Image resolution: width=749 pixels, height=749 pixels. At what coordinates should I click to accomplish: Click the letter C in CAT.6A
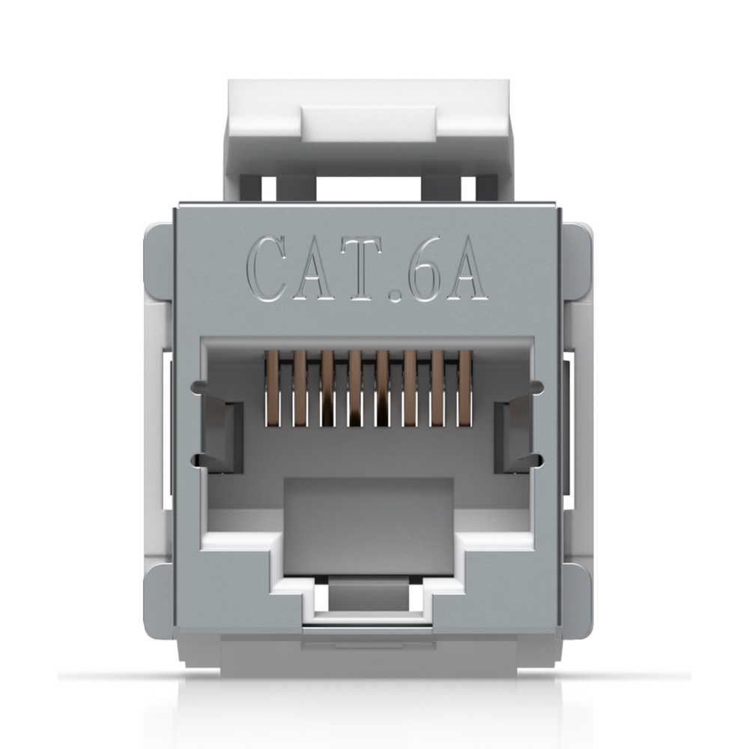point(271,267)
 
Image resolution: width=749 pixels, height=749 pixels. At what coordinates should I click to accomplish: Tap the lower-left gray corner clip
point(158,596)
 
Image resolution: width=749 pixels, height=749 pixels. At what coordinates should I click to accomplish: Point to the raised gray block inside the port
point(369,517)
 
